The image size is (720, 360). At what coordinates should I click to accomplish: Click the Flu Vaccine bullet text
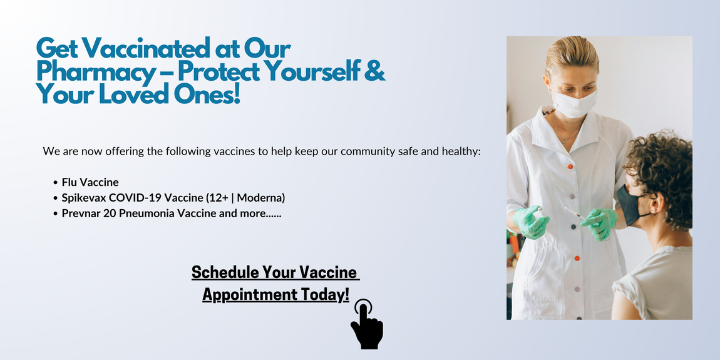tap(90, 182)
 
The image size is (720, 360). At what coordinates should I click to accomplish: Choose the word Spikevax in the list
tap(81, 198)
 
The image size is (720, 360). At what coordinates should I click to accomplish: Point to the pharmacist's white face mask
tap(574, 103)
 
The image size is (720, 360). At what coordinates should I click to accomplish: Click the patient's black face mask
tap(630, 203)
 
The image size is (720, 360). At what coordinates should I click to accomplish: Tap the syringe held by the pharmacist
tap(575, 213)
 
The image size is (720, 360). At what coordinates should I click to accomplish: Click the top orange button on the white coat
tap(570, 166)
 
